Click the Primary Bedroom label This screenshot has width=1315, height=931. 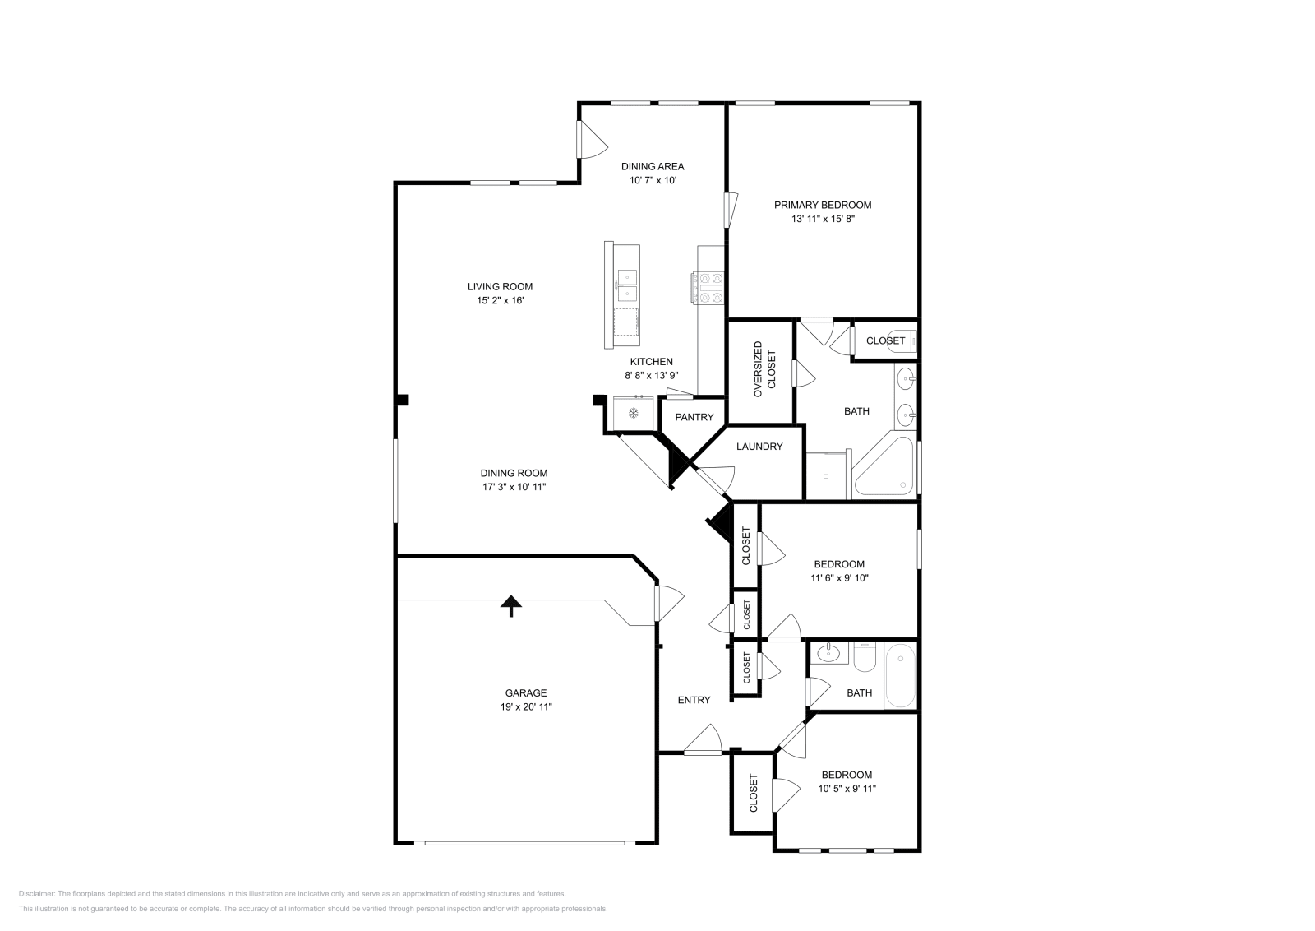coord(823,205)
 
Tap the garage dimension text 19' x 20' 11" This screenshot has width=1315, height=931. coord(526,706)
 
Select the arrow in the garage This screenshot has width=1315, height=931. coord(511,605)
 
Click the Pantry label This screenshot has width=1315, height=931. coord(694,417)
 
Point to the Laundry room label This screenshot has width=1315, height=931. coord(759,447)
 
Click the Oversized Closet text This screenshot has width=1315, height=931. coord(764,370)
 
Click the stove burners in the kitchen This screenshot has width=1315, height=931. coord(711,289)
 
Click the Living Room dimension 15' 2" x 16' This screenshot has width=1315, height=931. coord(500,301)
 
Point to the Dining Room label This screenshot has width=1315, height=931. coord(514,473)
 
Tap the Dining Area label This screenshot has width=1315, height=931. coord(653,166)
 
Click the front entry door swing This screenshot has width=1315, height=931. coord(704,739)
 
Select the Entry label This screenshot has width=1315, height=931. coord(694,700)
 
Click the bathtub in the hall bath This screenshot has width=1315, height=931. coord(901,676)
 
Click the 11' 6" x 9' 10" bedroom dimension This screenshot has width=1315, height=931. coord(839,578)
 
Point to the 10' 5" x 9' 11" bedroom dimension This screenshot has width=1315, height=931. coord(847,789)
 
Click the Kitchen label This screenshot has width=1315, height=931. coord(651,362)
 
